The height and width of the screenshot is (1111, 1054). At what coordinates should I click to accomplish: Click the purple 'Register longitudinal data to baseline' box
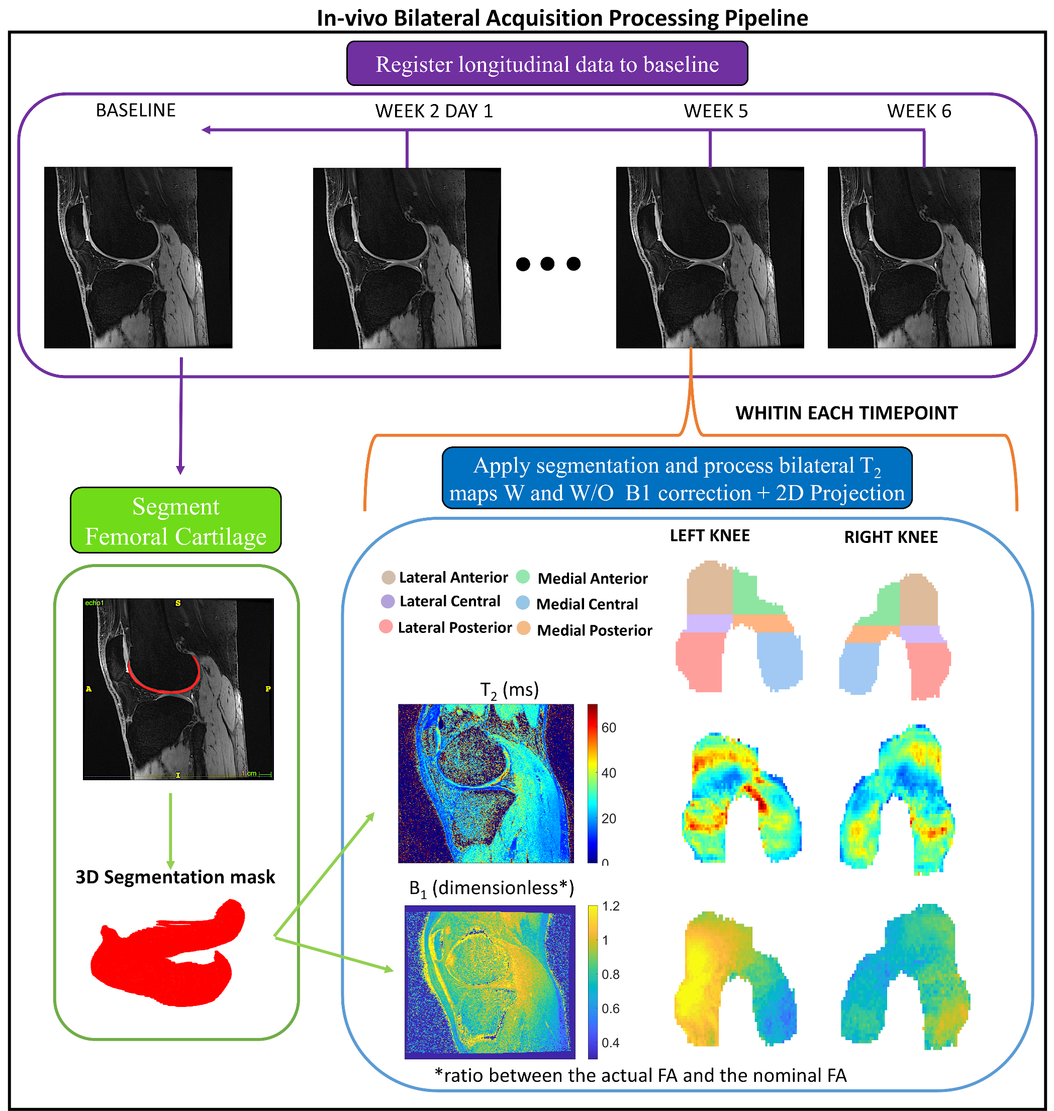(x=547, y=63)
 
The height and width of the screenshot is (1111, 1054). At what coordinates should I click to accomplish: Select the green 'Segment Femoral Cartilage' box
(x=175, y=520)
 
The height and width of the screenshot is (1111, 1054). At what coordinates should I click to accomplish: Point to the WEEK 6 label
(x=919, y=111)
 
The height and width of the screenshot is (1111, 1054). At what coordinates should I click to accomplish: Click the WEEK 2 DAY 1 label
(x=434, y=111)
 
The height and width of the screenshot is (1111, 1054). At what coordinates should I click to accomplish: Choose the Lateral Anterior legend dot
(x=388, y=577)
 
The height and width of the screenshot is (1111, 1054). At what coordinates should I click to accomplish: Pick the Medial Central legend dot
(x=523, y=603)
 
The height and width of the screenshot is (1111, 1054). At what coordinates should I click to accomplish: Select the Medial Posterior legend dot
(x=524, y=628)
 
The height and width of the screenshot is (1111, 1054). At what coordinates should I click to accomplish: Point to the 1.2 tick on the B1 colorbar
(x=610, y=906)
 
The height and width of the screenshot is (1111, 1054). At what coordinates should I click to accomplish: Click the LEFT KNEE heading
(x=709, y=535)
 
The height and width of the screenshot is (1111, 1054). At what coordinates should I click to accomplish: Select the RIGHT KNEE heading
(x=891, y=537)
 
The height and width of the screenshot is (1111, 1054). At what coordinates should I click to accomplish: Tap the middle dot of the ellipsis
(x=547, y=263)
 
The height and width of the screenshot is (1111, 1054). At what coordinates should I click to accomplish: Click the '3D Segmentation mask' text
(x=175, y=877)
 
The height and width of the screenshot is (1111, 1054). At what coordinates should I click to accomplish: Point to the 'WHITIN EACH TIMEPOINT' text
(x=846, y=413)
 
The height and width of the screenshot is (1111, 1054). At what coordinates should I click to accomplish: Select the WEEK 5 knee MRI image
(x=710, y=257)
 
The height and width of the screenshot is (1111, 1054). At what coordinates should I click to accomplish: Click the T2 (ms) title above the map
(x=509, y=690)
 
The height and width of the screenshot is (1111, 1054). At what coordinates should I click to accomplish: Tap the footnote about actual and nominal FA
(x=640, y=1075)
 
